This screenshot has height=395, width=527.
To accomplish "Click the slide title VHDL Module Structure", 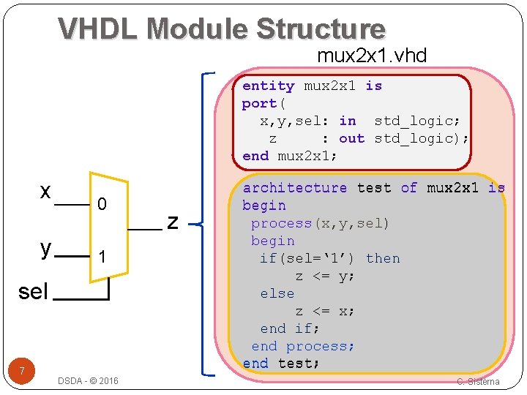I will coord(221,29).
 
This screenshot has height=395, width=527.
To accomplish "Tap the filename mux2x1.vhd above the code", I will coord(372,56).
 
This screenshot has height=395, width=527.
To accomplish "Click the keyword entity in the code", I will coord(268,86).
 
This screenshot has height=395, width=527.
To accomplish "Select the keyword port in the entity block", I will coord(259,103).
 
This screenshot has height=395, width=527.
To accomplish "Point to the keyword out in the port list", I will coord(351,138).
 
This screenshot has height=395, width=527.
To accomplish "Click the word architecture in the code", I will coord(295,188).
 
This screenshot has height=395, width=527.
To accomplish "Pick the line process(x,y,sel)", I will coord(320,223).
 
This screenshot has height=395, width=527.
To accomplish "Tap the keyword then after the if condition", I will coord(383,258).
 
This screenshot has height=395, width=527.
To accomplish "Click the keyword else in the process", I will coord(277,293).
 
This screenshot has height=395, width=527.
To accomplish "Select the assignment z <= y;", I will coord(325,276).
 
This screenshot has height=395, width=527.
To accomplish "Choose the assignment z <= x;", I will coord(325,311).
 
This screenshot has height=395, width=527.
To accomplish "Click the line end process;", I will coord(303,346).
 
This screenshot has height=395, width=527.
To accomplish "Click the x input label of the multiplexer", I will coord(45,192).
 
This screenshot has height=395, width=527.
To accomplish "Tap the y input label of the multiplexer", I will coord(46,248).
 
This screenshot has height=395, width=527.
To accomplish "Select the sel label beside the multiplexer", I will coord(32,292).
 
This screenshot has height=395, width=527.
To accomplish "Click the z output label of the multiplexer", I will coord(173,220).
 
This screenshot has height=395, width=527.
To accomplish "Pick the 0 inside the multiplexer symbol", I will coord(102,205).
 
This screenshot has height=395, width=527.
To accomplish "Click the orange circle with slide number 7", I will coord(23,372).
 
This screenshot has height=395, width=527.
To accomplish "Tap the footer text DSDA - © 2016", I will coord(88,380).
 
